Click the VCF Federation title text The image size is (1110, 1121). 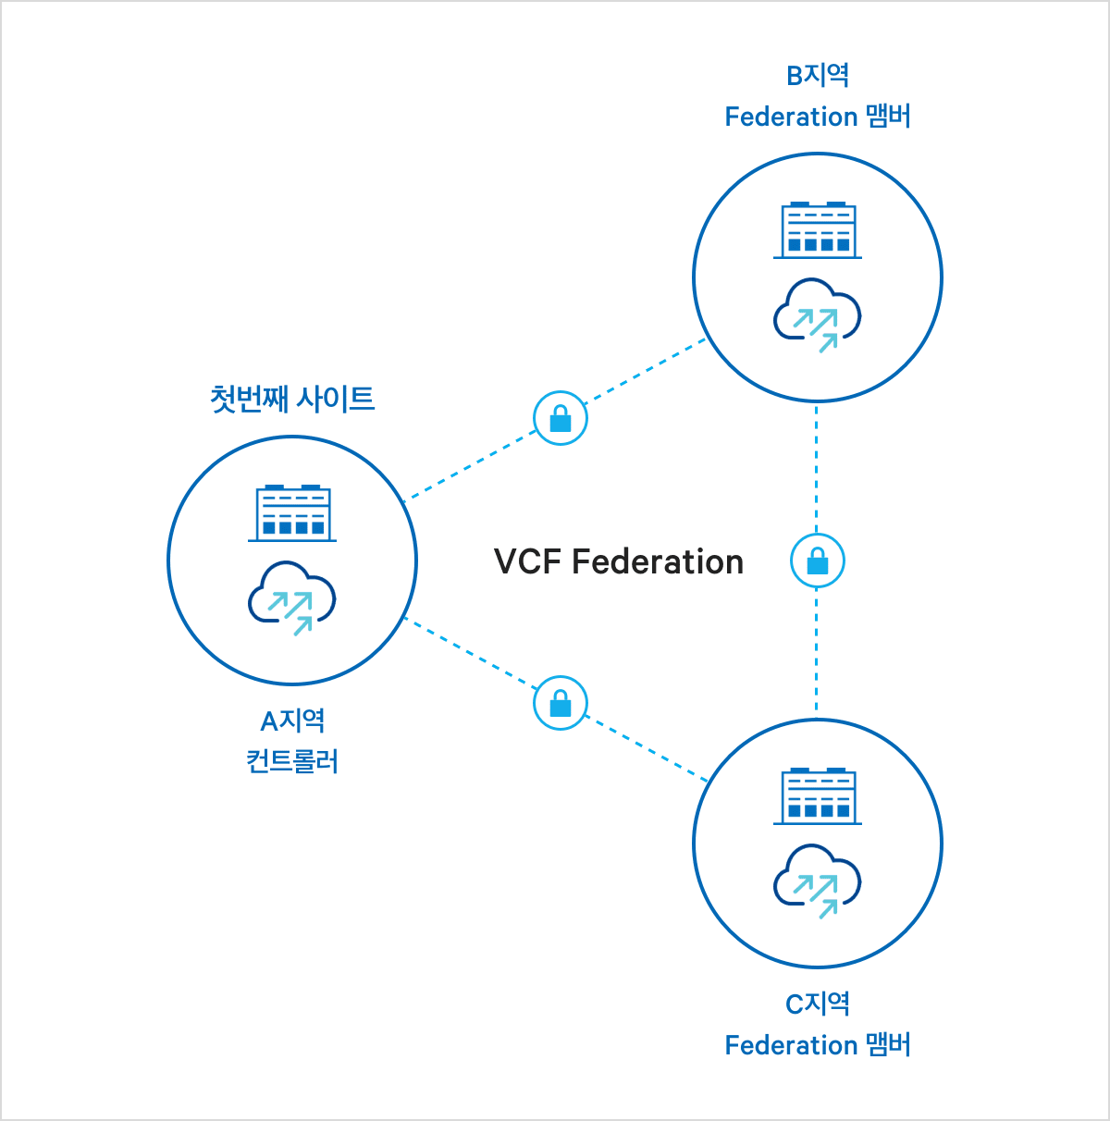click(618, 561)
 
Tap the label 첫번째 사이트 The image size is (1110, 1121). click(292, 399)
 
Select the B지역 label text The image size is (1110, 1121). click(818, 75)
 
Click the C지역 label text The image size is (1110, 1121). click(818, 1004)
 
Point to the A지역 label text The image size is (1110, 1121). click(292, 721)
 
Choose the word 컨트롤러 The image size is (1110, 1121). click(292, 761)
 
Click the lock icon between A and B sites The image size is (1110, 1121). click(561, 419)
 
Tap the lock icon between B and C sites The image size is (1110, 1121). click(817, 561)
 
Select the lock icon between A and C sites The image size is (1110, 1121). click(561, 703)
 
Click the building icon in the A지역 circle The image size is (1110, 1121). click(292, 512)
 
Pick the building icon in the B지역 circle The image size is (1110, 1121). click(818, 230)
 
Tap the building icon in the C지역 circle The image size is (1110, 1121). click(818, 796)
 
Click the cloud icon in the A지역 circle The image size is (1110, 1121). click(292, 598)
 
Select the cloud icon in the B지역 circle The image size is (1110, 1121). click(818, 315)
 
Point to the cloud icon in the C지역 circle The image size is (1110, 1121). click(818, 881)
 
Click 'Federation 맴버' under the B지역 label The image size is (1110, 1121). click(818, 117)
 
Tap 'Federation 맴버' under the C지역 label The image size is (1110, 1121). click(818, 1045)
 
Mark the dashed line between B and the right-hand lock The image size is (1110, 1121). click(816, 467)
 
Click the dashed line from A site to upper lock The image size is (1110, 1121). click(470, 465)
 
